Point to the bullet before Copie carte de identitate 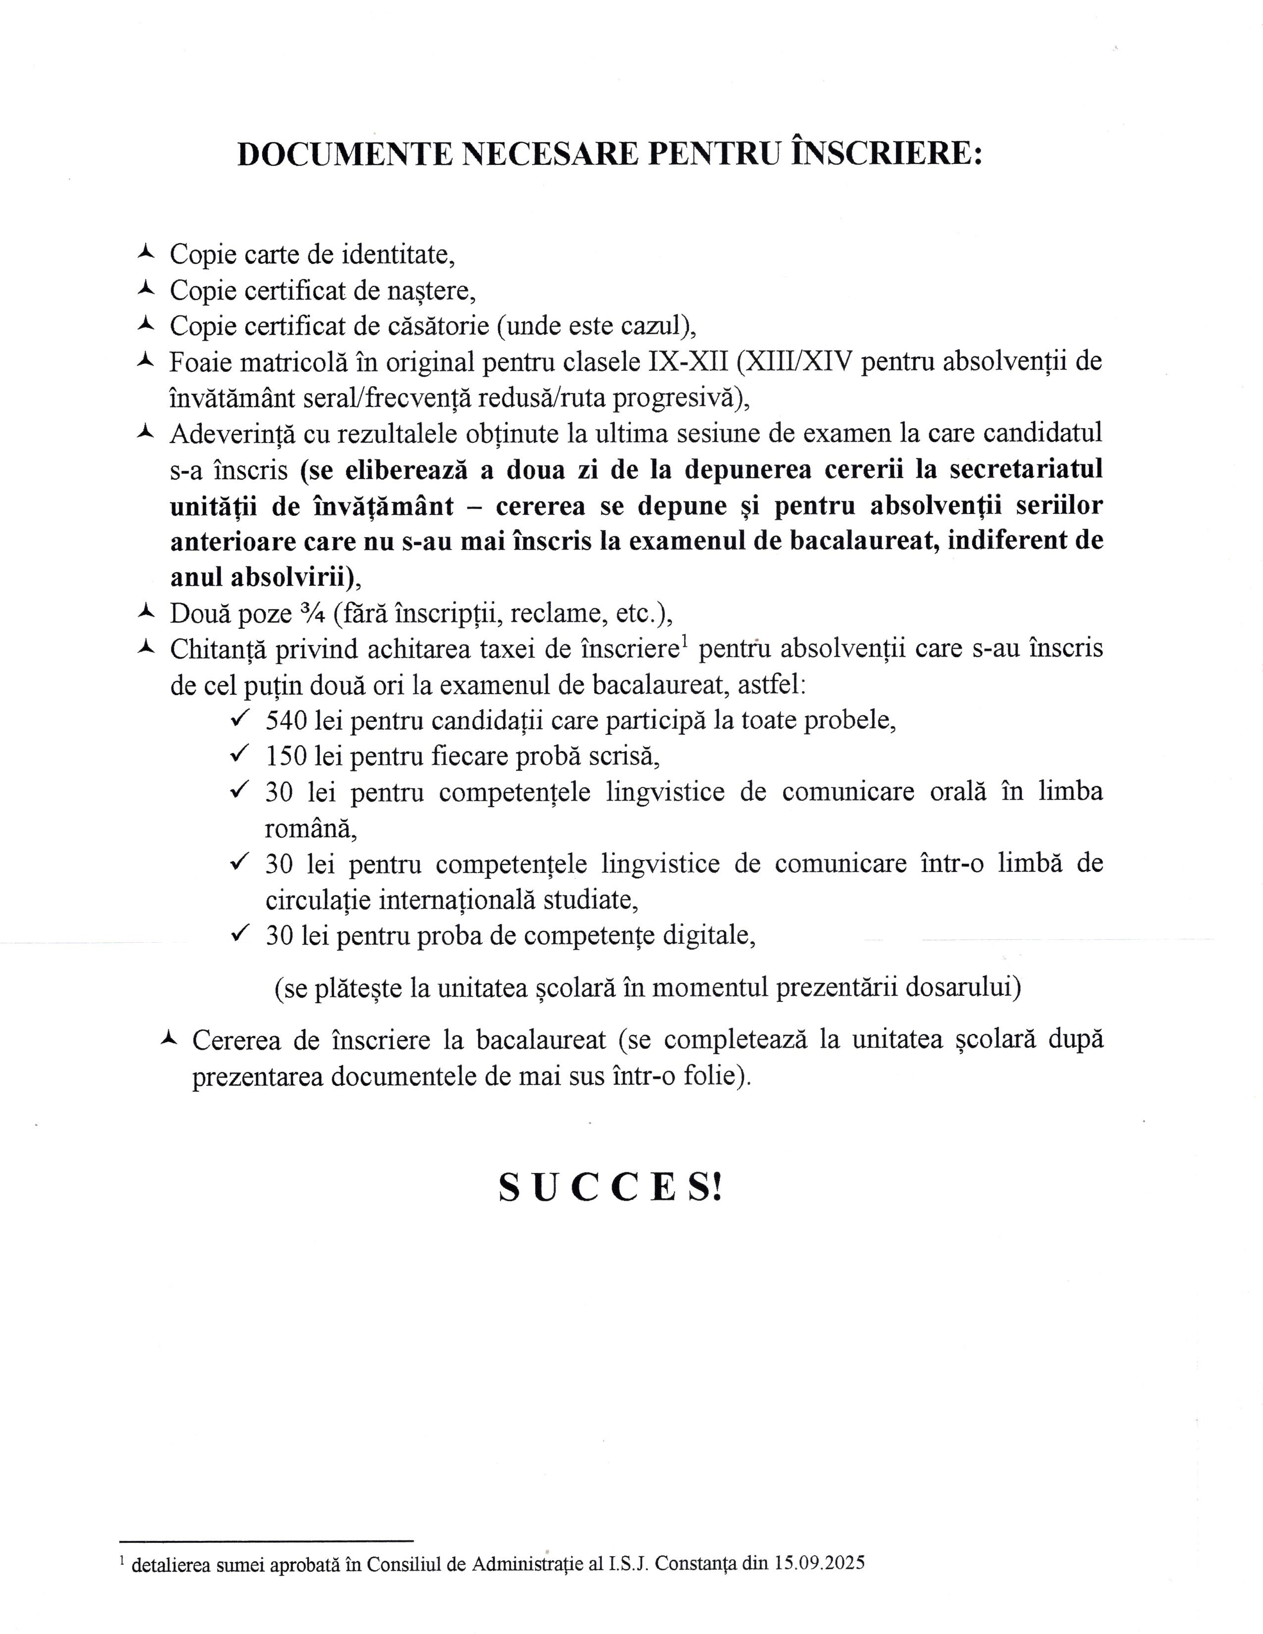[x=146, y=253]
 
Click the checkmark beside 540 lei [x=239, y=719]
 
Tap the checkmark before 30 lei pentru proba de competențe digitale [x=239, y=934]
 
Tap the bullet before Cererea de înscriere [x=169, y=1038]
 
